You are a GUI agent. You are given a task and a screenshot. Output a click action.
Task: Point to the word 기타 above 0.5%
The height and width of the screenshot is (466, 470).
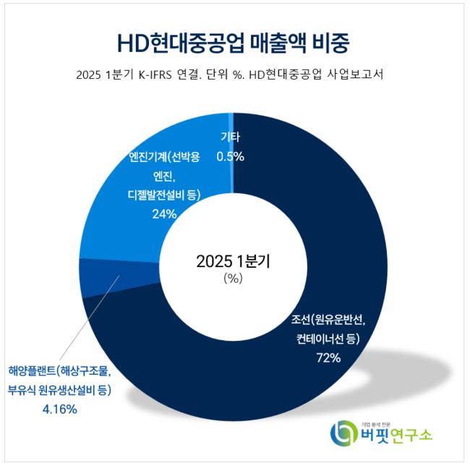coord(231,136)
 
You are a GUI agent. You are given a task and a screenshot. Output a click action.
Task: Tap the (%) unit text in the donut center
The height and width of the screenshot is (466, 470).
coord(233,279)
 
